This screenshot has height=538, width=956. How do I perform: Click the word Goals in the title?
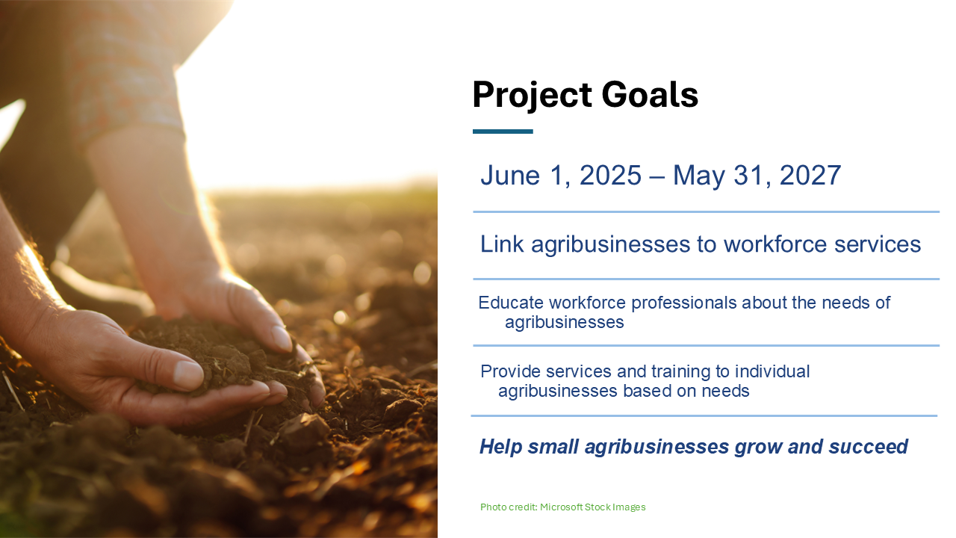[x=650, y=94]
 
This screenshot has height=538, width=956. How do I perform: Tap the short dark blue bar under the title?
[x=503, y=132]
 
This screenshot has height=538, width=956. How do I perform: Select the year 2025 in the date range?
[x=610, y=175]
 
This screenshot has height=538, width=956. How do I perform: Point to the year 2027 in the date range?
[x=810, y=175]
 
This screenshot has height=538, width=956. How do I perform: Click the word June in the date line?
[x=510, y=175]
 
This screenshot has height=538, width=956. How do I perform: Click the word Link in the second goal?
[x=502, y=244]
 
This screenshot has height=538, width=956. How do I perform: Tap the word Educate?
[x=511, y=303]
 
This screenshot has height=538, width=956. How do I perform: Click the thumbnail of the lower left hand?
[x=188, y=376]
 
